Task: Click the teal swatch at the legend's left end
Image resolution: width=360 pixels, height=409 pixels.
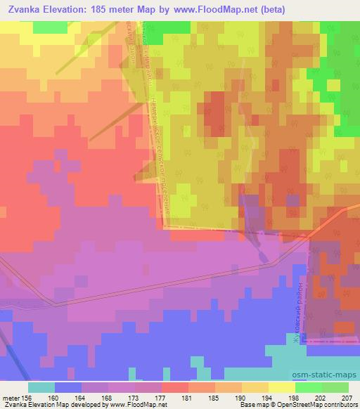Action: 41,387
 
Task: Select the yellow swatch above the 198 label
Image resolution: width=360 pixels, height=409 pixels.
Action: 281,387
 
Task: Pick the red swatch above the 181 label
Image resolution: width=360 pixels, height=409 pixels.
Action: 174,387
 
